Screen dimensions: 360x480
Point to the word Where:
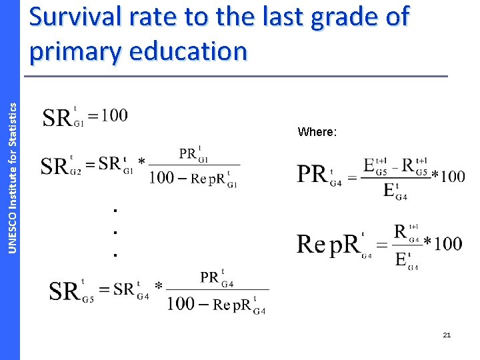click(x=317, y=132)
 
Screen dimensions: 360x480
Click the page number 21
click(x=447, y=335)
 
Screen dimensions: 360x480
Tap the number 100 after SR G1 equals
click(x=114, y=115)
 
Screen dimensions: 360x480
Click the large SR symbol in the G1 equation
click(x=57, y=118)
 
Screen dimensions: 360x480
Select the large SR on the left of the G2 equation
click(x=55, y=165)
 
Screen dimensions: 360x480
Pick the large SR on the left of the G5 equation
click(x=64, y=291)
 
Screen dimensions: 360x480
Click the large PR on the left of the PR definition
click(x=311, y=175)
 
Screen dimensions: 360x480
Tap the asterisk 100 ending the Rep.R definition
click(x=443, y=243)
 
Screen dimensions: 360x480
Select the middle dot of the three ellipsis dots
click(x=115, y=233)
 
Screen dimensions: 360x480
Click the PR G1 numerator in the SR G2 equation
click(x=193, y=155)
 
